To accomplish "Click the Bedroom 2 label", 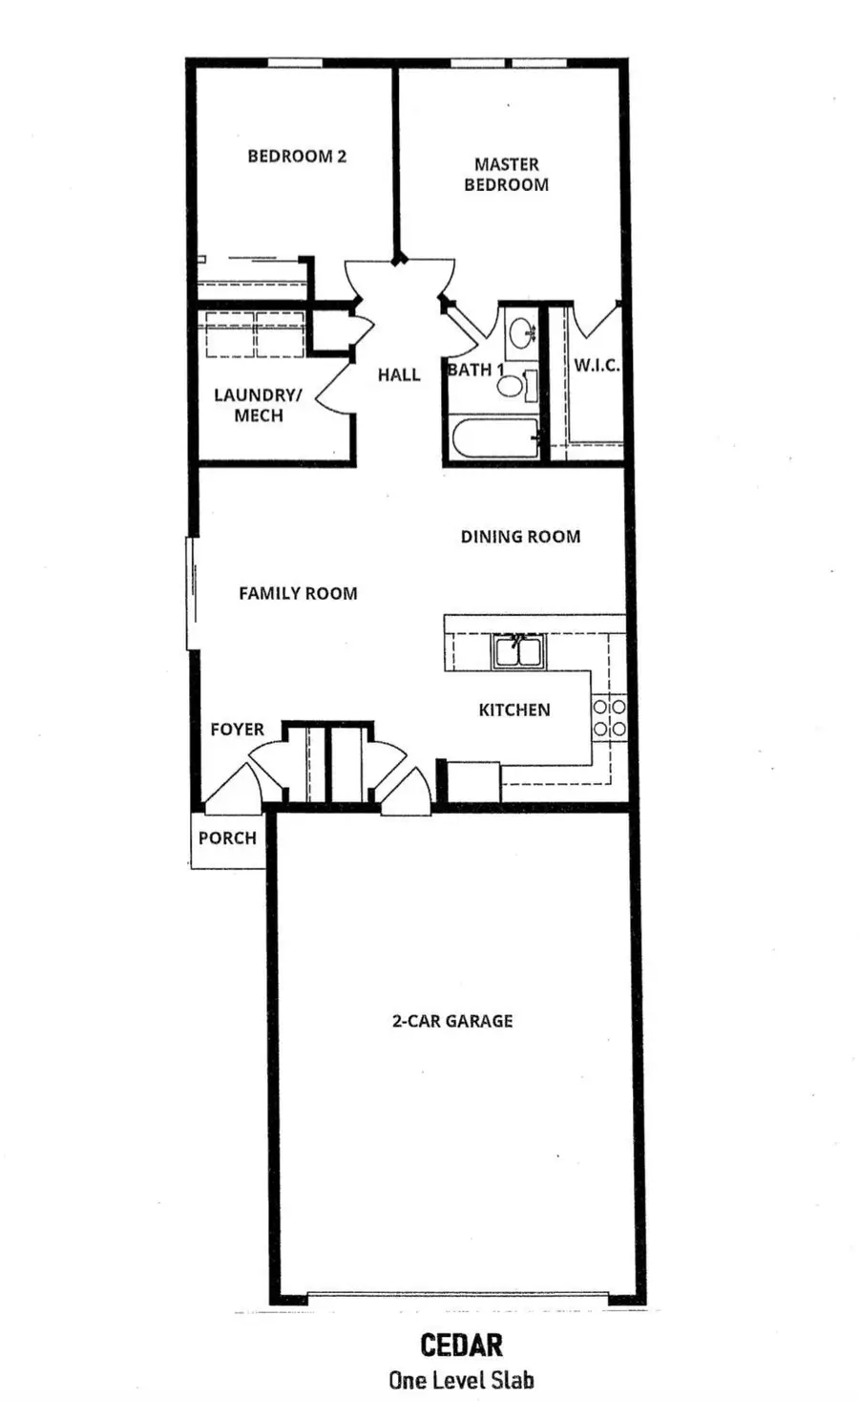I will click(297, 156).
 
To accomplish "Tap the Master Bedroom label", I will click(506, 175).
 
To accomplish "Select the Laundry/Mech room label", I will click(258, 405).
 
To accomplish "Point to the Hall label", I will click(398, 374).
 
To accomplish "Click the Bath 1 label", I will click(475, 370).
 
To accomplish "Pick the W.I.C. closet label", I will click(597, 366).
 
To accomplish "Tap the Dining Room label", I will click(520, 537).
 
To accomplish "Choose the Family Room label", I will click(298, 593).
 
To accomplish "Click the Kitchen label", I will click(513, 710).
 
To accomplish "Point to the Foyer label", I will click(237, 730).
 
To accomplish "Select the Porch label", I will click(227, 838).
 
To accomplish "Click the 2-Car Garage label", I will click(452, 1021).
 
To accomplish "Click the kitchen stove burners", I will click(609, 717).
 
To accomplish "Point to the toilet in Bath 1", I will click(512, 385).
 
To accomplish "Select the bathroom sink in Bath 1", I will click(521, 333).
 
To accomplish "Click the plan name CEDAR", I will click(461, 1346).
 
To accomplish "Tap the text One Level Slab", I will click(461, 1380).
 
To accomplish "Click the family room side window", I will click(191, 593).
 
